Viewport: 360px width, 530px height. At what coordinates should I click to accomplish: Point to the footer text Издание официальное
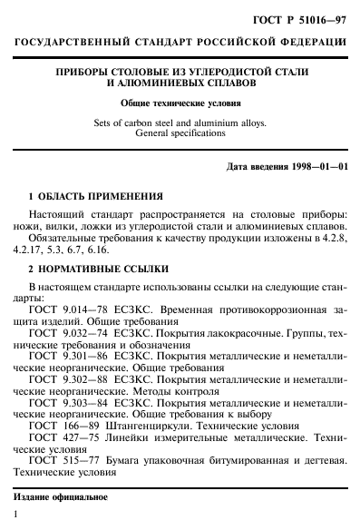(62, 497)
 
